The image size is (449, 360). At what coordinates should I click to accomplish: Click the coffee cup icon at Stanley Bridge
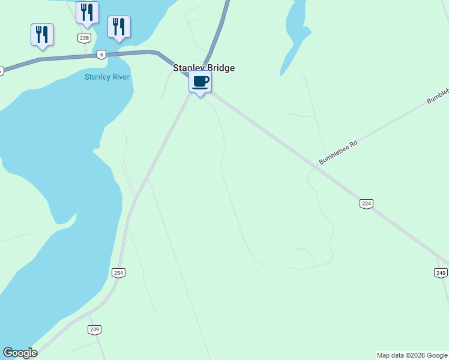(x=200, y=82)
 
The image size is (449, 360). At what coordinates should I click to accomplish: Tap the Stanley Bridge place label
(x=203, y=68)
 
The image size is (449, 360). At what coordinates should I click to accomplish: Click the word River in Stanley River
(x=121, y=77)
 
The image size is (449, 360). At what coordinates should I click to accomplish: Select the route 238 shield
(x=84, y=38)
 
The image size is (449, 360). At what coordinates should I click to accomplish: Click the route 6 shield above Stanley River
(x=101, y=55)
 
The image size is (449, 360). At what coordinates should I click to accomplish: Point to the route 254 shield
(x=118, y=273)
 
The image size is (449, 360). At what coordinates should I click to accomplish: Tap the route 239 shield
(x=94, y=329)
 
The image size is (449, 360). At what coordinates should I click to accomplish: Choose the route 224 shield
(x=367, y=203)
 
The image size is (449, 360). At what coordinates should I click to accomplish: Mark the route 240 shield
(x=441, y=272)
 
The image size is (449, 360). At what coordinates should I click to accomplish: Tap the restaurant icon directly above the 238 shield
(x=87, y=13)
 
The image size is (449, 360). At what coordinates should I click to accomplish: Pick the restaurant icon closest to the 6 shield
(x=119, y=27)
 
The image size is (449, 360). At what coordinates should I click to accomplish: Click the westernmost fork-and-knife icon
(x=42, y=34)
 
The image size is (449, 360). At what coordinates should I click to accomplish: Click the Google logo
(x=20, y=353)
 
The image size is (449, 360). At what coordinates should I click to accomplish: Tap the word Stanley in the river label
(x=97, y=77)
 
